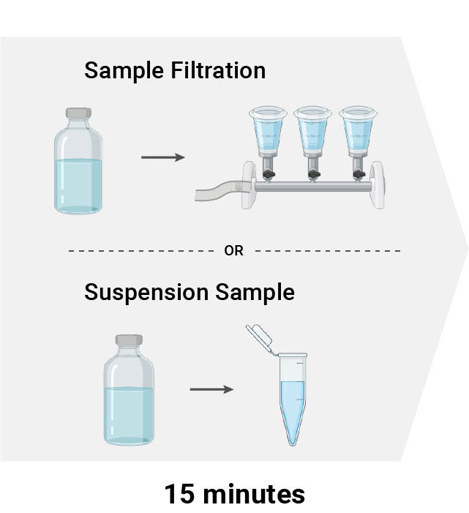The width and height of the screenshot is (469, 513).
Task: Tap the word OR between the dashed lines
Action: coord(234,250)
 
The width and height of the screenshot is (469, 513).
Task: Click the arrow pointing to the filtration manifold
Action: coord(162,157)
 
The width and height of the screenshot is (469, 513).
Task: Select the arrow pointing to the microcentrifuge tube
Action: coord(211,389)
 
